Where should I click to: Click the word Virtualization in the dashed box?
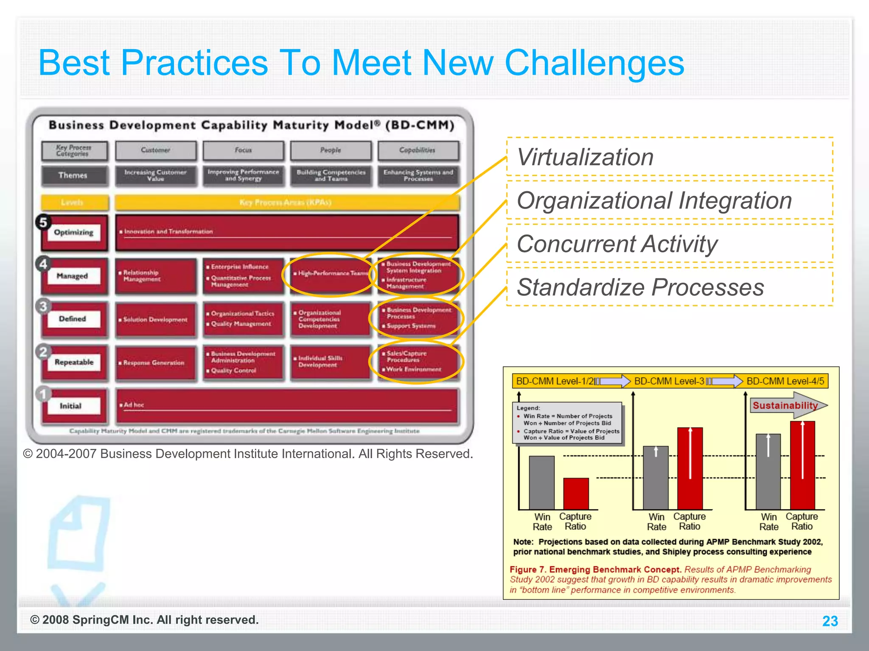pyautogui.click(x=585, y=157)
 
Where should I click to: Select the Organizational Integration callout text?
pyautogui.click(x=654, y=200)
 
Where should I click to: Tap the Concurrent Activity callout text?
pyautogui.click(x=617, y=244)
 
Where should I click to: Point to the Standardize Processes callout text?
pyautogui.click(x=640, y=287)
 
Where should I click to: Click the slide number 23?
pyautogui.click(x=830, y=621)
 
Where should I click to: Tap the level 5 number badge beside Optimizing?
pyautogui.click(x=43, y=222)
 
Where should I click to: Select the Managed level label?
pyautogui.click(x=73, y=276)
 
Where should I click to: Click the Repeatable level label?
pyautogui.click(x=74, y=362)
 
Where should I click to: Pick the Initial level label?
pyautogui.click(x=70, y=406)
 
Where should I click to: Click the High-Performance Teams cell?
pyautogui.click(x=331, y=274)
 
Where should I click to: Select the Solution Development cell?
pyautogui.click(x=155, y=320)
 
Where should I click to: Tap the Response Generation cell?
pyautogui.click(x=154, y=363)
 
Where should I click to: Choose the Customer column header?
pyautogui.click(x=155, y=150)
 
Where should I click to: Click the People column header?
pyautogui.click(x=331, y=150)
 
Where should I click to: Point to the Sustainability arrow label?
pyautogui.click(x=785, y=406)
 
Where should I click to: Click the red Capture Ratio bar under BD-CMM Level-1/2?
pyautogui.click(x=576, y=494)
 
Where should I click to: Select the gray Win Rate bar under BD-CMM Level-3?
pyautogui.click(x=656, y=478)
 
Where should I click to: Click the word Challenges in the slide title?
pyautogui.click(x=594, y=63)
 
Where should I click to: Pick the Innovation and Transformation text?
pyautogui.click(x=168, y=232)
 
